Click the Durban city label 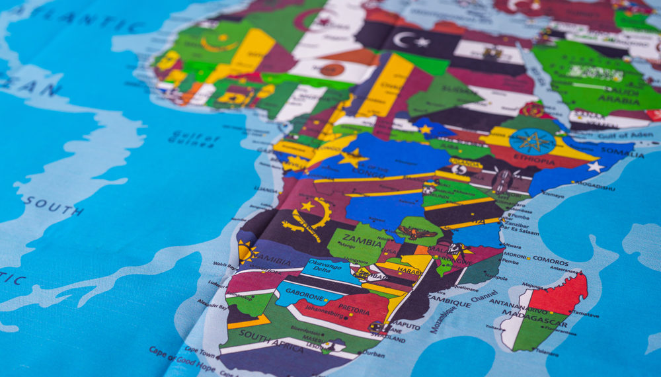[373, 354]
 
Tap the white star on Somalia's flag [595, 167]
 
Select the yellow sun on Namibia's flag [247, 252]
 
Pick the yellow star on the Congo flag [353, 157]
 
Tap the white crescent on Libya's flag [403, 39]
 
